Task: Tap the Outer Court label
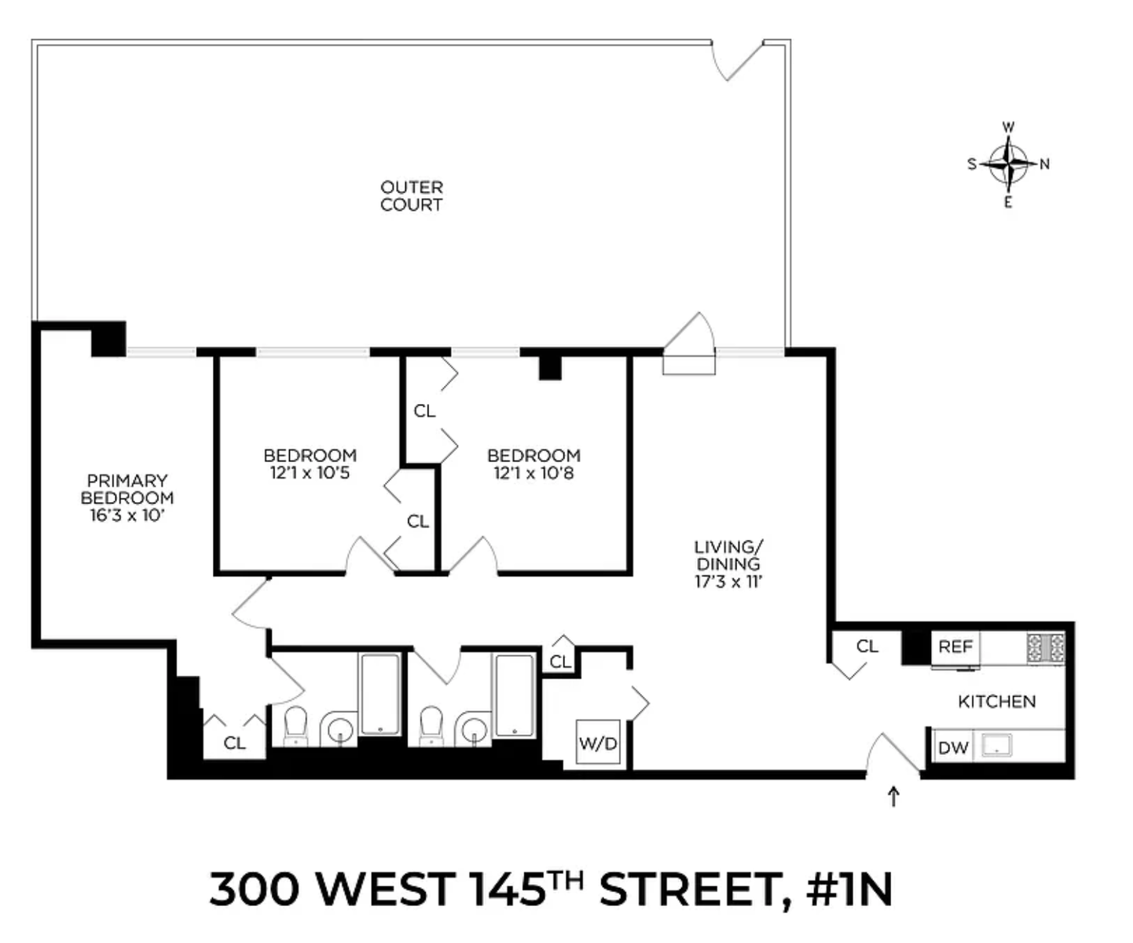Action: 411,196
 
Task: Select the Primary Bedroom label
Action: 127,489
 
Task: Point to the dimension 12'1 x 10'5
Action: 310,473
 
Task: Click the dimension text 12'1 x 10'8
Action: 533,473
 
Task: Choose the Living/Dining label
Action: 728,555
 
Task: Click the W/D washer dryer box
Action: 598,742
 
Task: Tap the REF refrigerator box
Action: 955,647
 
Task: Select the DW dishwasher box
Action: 953,747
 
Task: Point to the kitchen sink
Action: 995,746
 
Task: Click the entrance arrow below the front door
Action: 893,797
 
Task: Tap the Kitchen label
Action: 996,701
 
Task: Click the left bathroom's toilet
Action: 295,724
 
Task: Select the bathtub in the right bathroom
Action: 514,695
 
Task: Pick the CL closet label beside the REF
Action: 867,646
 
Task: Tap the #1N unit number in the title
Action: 849,890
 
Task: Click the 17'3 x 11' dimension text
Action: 728,582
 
